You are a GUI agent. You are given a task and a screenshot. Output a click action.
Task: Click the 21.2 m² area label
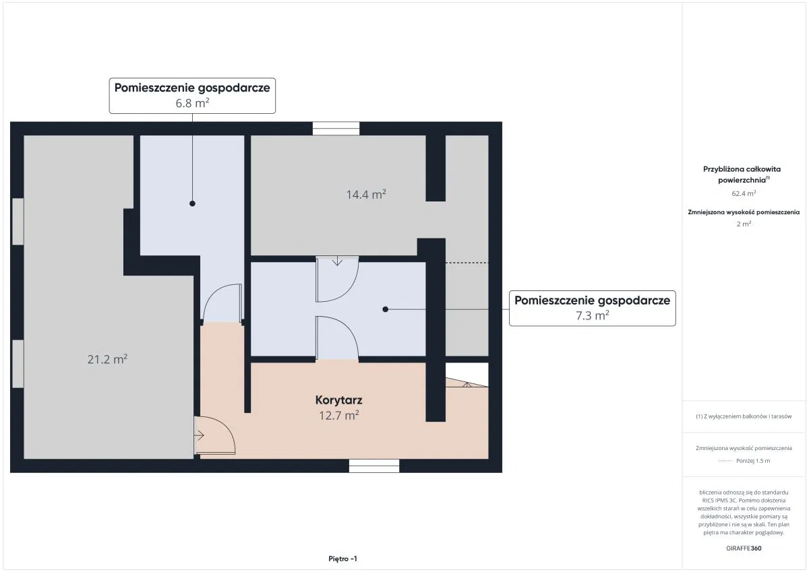pos(107,359)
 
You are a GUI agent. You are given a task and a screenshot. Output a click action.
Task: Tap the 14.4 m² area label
pos(366,195)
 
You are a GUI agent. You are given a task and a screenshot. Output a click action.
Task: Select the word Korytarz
pos(338,400)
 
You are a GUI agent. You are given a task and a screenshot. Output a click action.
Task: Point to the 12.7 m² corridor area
pos(338,416)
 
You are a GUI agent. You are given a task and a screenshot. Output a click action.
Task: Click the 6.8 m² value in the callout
pos(193,103)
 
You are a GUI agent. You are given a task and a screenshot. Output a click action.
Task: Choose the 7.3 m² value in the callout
pos(593,316)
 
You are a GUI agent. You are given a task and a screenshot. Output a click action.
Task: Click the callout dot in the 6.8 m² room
pos(193,203)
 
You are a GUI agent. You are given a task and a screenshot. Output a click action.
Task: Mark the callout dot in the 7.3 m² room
pos(386,309)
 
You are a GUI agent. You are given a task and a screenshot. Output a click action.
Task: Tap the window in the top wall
pos(336,129)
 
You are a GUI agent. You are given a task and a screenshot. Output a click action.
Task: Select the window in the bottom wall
pos(374,466)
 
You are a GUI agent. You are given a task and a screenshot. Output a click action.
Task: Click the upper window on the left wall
pos(18,222)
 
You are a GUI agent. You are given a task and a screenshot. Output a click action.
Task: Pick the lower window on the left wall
pos(18,364)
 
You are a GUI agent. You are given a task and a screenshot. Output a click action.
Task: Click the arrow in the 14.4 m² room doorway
pos(337,261)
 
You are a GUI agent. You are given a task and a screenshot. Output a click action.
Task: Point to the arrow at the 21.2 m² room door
pos(199,436)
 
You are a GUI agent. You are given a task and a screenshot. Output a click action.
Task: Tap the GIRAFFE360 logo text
pos(744,548)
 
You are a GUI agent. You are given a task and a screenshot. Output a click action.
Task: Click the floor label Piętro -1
pos(342,559)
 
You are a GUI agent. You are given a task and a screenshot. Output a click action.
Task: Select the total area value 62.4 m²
pos(744,193)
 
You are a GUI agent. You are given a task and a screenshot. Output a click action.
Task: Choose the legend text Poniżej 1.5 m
pos(753,461)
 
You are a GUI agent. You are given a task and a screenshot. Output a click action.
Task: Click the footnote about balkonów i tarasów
pos(744,416)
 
